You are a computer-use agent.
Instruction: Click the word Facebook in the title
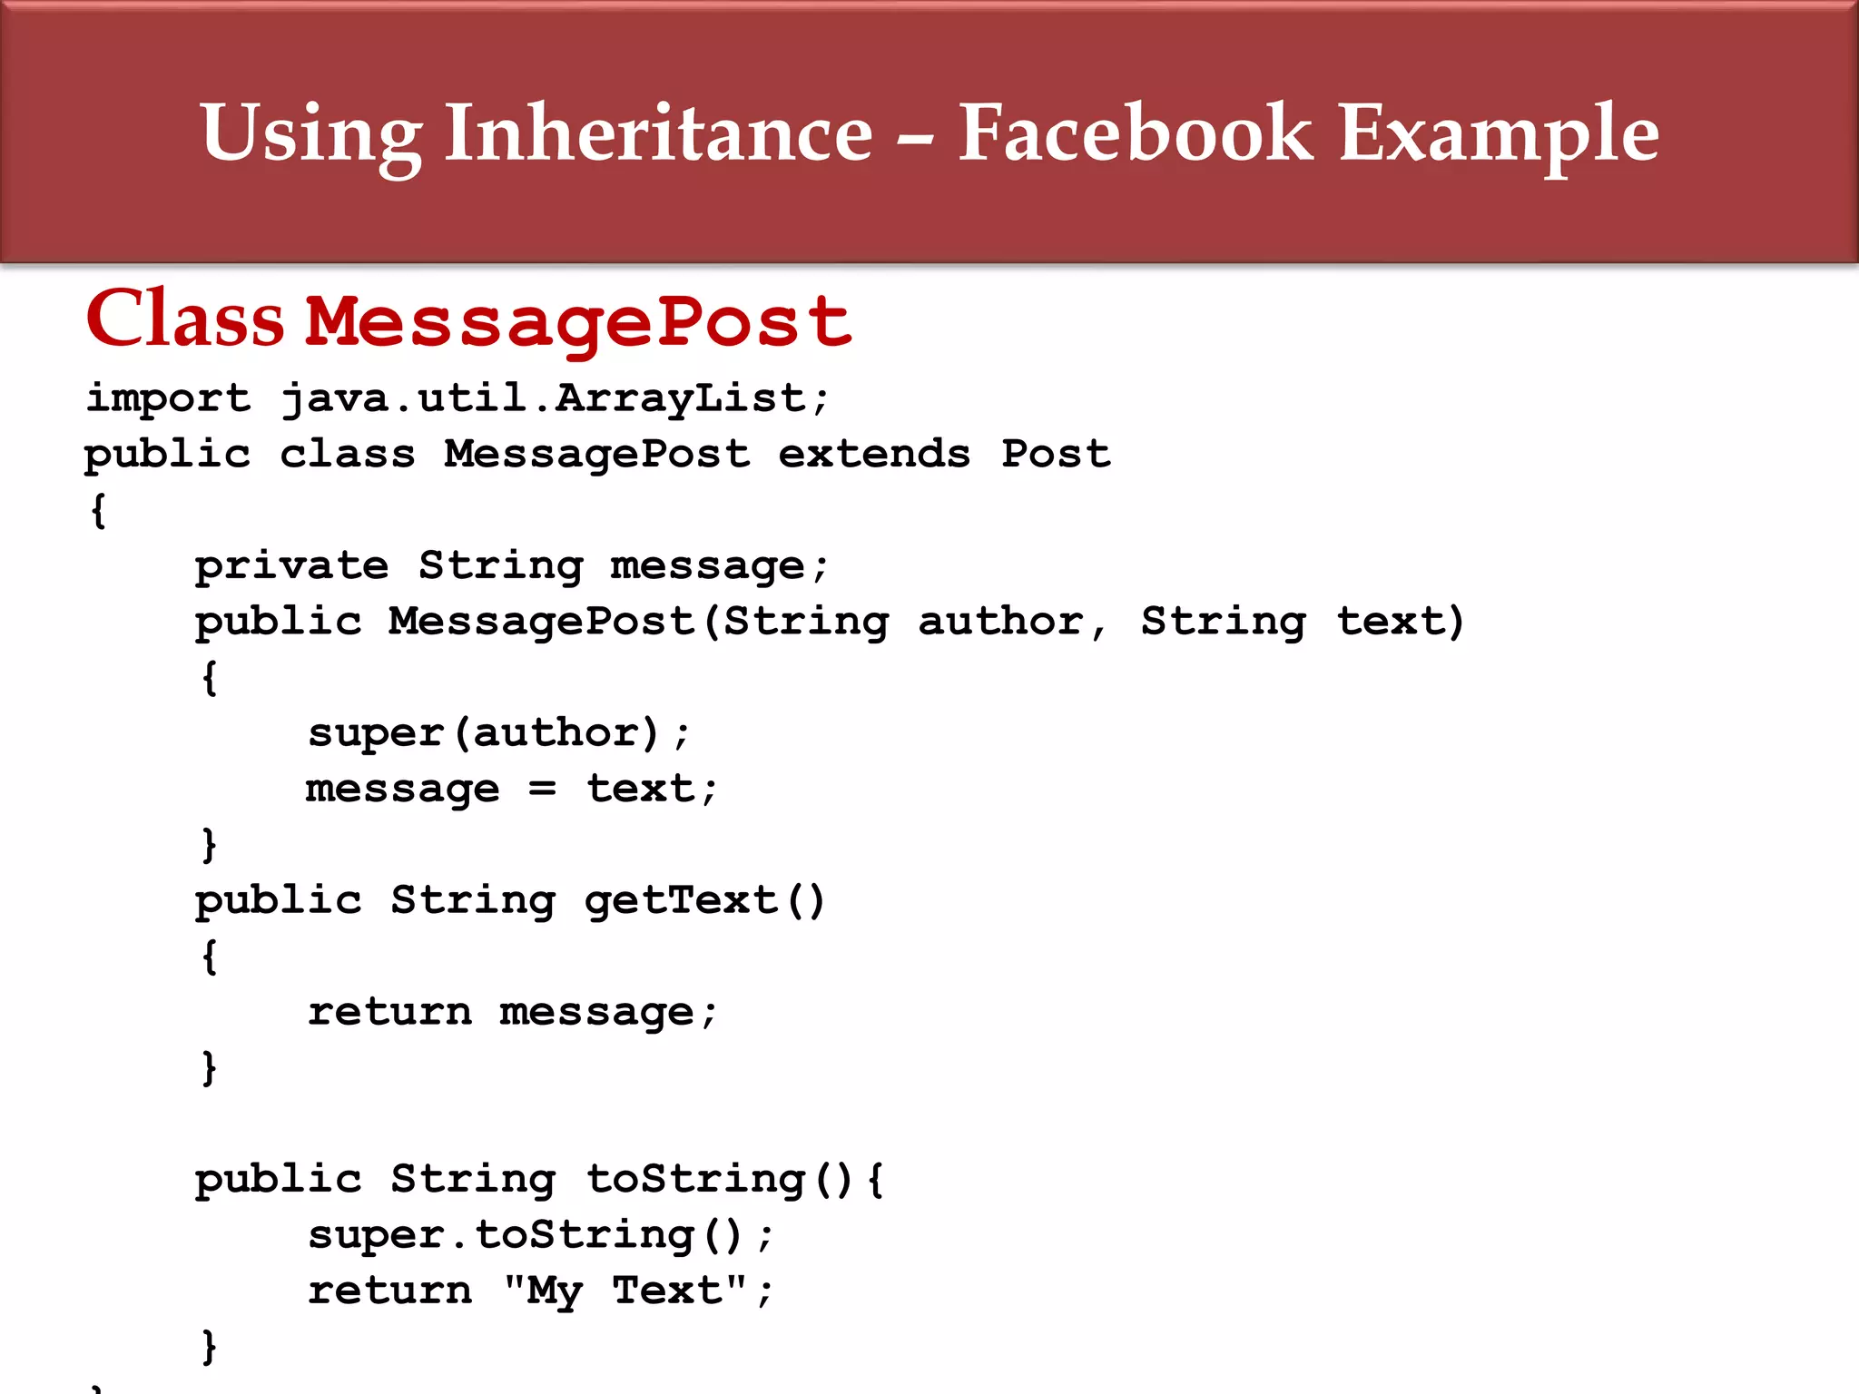click(1135, 133)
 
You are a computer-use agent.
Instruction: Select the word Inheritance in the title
click(658, 133)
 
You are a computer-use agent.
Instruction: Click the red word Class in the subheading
click(185, 319)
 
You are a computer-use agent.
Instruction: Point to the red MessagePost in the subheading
click(578, 322)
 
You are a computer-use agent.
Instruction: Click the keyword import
click(168, 398)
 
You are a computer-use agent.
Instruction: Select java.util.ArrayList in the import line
click(555, 398)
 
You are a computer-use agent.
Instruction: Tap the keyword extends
click(874, 454)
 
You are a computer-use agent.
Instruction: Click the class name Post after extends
click(1056, 454)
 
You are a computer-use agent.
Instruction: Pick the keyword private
click(291, 566)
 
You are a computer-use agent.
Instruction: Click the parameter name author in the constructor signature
click(1000, 622)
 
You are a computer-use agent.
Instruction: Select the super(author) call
click(498, 733)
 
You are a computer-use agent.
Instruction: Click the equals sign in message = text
click(542, 789)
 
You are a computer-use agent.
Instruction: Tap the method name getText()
click(704, 900)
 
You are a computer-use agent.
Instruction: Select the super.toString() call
click(540, 1235)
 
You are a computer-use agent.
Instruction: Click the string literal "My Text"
click(625, 1291)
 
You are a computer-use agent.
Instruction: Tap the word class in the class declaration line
click(347, 454)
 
